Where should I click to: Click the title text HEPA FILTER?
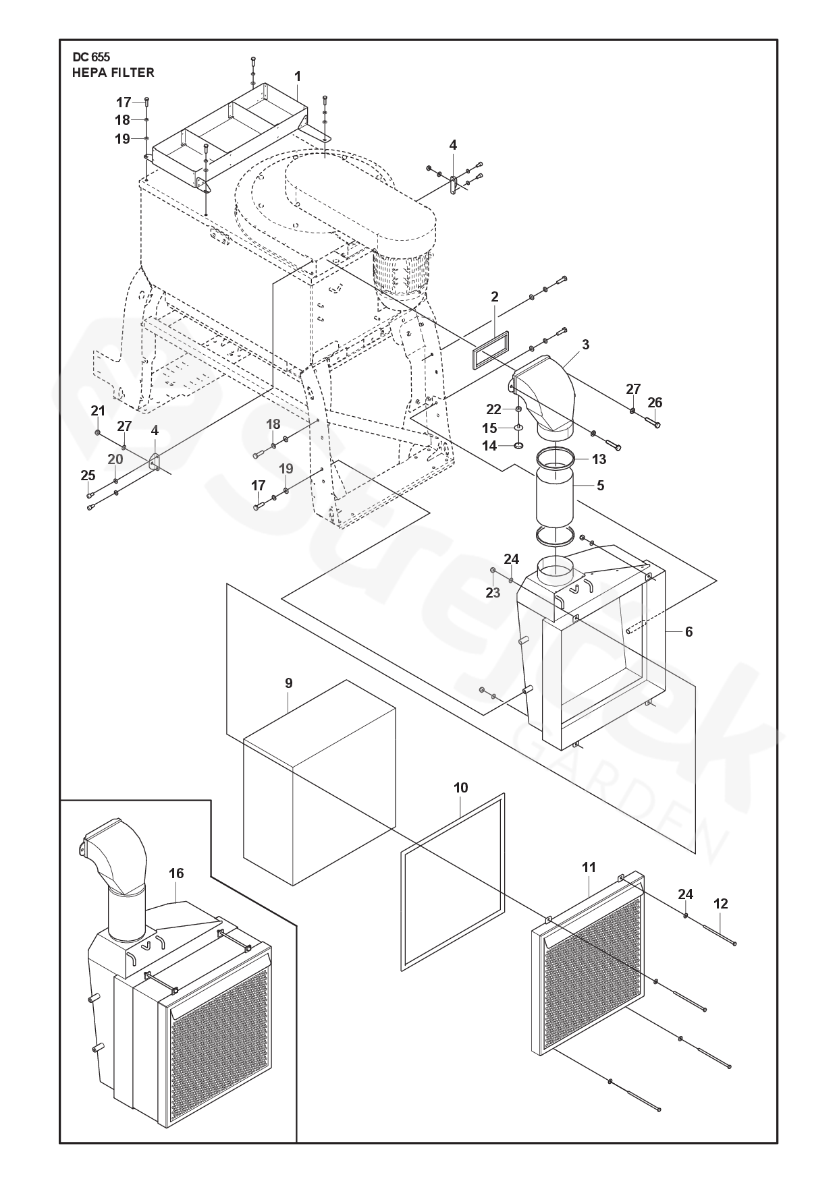[x=113, y=73]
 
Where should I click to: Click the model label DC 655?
[x=91, y=58]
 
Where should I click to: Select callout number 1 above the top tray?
[x=297, y=77]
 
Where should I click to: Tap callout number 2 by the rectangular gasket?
[x=495, y=297]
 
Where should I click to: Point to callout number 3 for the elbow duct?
[x=585, y=345]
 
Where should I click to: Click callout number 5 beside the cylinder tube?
[x=600, y=485]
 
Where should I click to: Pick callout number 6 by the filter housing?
[x=688, y=632]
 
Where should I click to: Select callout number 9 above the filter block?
[x=289, y=683]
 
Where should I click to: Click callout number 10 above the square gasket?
[x=460, y=788]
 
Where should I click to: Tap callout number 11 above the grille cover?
[x=589, y=867]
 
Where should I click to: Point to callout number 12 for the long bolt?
[x=721, y=904]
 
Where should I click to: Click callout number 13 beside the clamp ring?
[x=599, y=459]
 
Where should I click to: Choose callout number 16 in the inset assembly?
[x=176, y=873]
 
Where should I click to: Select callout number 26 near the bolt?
[x=655, y=403]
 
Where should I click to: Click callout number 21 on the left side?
[x=98, y=411]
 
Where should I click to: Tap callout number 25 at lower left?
[x=88, y=475]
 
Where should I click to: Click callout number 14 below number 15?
[x=489, y=446]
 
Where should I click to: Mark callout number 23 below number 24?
[x=493, y=592]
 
